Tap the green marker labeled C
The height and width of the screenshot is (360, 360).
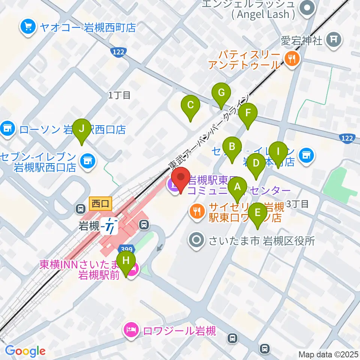[x=190, y=105]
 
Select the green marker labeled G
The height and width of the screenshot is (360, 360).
[x=221, y=93]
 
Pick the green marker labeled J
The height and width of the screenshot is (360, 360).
[x=82, y=129]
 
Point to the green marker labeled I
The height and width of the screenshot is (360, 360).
[x=278, y=152]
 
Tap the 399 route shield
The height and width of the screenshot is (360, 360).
[x=124, y=249]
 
